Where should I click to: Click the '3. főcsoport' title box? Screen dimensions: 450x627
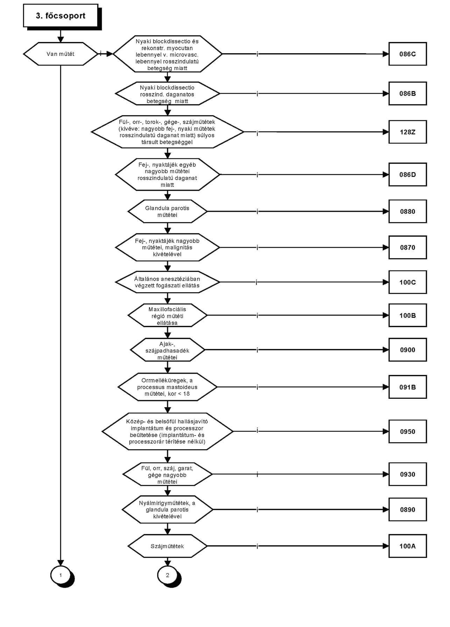click(61, 16)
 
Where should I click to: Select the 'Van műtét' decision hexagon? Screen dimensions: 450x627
click(61, 54)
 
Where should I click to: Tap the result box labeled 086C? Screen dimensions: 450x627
click(408, 54)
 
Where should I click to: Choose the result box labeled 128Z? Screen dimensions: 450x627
click(408, 132)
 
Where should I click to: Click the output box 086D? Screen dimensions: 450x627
click(408, 175)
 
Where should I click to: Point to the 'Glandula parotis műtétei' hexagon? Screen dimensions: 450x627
click(167, 211)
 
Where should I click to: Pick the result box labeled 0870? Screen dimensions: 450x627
click(408, 247)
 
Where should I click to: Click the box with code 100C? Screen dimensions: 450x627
click(408, 282)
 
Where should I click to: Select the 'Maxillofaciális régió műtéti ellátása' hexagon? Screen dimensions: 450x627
click(167, 315)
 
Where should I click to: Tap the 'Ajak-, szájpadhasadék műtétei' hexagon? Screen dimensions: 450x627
click(167, 350)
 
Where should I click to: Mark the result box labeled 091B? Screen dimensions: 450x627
click(408, 387)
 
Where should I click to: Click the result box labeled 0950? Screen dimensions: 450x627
click(408, 431)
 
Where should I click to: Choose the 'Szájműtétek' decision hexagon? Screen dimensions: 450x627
click(167, 546)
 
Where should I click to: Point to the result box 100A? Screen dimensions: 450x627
click(408, 546)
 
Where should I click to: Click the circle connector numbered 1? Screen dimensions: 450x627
click(61, 575)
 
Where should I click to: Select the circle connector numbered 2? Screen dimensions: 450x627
click(168, 575)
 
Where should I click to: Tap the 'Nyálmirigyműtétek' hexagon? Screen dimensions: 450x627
click(167, 510)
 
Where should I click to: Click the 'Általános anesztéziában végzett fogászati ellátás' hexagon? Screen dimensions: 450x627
click(167, 282)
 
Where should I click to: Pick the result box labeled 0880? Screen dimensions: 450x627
click(408, 211)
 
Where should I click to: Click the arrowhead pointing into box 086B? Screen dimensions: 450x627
click(386, 94)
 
